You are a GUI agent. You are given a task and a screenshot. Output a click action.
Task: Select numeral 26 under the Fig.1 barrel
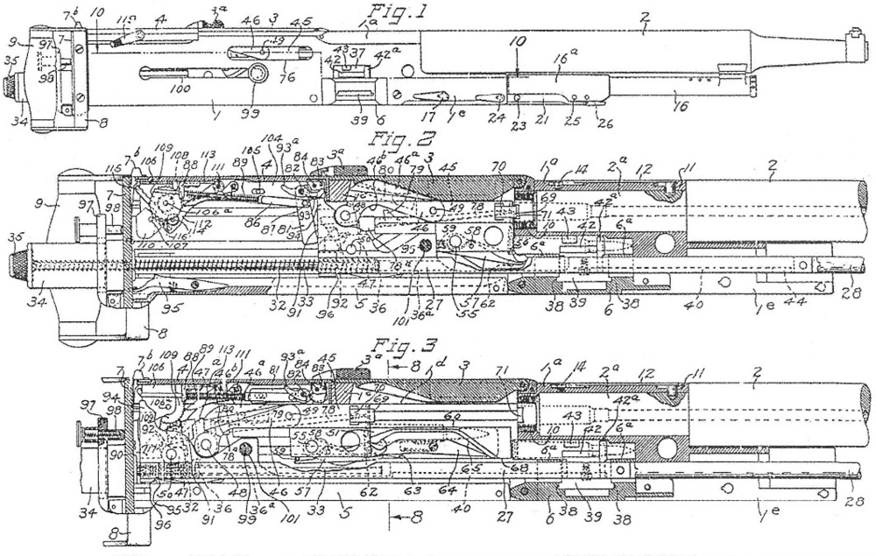click(603, 123)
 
